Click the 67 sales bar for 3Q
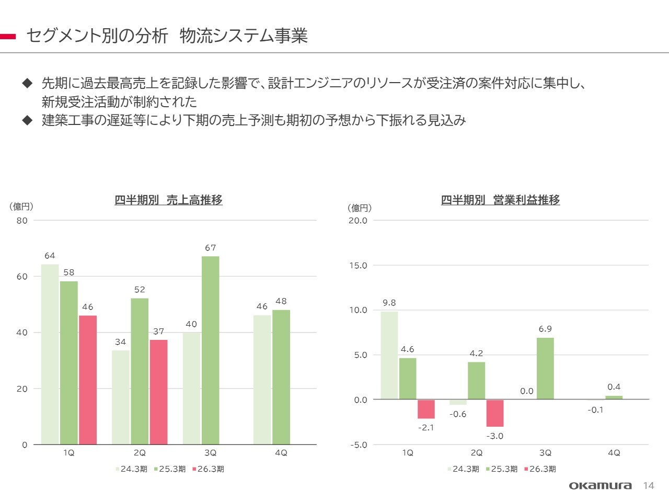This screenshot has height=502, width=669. (211, 350)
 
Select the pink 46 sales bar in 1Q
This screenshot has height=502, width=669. (88, 380)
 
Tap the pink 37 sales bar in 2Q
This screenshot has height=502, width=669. (159, 392)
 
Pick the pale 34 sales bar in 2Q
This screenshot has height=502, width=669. (121, 397)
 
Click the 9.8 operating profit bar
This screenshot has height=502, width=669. (389, 356)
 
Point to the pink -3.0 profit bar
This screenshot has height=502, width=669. (495, 413)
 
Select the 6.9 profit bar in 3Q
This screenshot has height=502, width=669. (545, 369)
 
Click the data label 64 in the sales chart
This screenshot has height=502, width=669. (50, 256)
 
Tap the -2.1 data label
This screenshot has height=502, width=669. (426, 428)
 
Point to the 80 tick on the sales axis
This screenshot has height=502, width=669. (22, 221)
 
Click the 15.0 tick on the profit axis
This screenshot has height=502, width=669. (358, 266)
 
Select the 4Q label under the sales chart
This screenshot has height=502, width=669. (281, 453)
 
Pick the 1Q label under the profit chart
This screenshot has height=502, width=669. (408, 453)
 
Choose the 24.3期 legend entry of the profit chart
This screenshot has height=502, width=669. (463, 469)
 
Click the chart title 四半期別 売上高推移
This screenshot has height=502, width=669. (168, 200)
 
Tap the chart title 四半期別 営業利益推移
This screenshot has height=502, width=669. (500, 200)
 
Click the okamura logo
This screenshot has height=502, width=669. (600, 486)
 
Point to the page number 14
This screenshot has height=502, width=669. (648, 486)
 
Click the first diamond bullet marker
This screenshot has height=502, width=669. (27, 83)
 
